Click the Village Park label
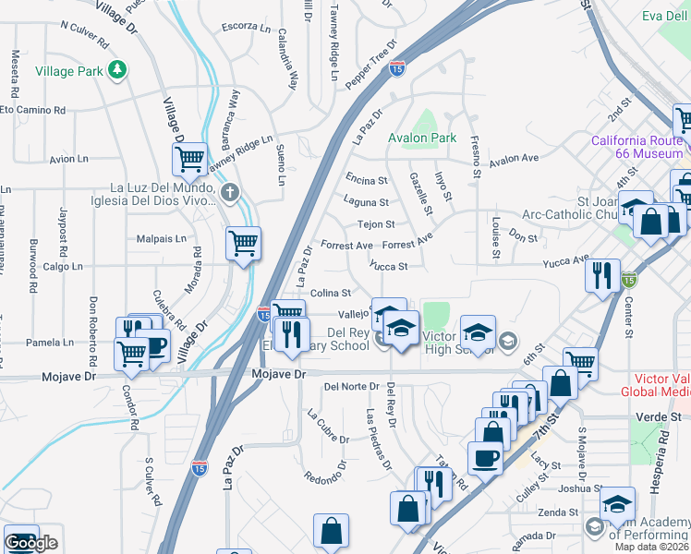[x=68, y=71]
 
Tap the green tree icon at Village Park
[x=116, y=69]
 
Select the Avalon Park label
[x=422, y=138]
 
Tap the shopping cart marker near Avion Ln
[x=189, y=160]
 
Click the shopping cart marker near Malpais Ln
[x=243, y=244]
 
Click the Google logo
[x=30, y=543]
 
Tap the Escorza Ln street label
[x=245, y=26]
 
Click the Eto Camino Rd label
[x=33, y=109]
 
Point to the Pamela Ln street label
[x=50, y=343]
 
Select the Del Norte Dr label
[x=352, y=386]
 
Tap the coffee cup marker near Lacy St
[x=485, y=457]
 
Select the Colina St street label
[x=331, y=293]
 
